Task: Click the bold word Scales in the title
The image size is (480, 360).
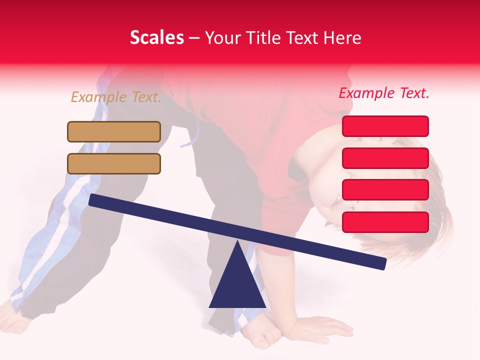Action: click(156, 38)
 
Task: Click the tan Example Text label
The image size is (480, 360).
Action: click(116, 97)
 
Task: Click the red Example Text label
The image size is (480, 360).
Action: click(384, 93)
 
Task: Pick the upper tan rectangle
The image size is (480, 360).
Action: click(114, 132)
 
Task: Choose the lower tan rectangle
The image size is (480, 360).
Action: click(114, 163)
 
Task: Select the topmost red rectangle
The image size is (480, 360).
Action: click(385, 126)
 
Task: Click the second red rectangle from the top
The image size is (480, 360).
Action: click(385, 158)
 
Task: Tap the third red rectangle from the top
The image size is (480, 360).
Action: click(385, 190)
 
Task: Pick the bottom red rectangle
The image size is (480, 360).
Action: click(385, 222)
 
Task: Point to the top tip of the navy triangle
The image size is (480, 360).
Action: click(237, 242)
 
